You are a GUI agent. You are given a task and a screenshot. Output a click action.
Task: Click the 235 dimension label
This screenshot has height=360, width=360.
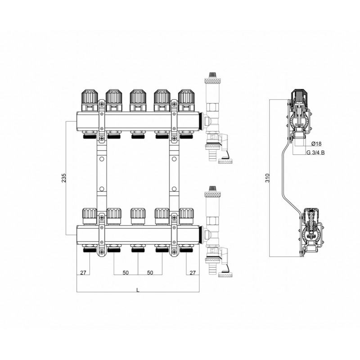[64, 178]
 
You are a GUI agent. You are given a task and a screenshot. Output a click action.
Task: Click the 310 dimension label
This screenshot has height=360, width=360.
[267, 178]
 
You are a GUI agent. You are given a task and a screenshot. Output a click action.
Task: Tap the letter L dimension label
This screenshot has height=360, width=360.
[138, 290]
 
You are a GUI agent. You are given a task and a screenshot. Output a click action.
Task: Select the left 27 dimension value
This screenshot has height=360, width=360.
[83, 273]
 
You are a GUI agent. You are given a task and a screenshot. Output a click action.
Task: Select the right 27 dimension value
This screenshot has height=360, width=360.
[193, 273]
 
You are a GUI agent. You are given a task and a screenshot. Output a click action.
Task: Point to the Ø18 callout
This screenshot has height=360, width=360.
[316, 144]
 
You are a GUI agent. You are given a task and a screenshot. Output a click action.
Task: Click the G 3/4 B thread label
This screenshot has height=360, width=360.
[316, 153]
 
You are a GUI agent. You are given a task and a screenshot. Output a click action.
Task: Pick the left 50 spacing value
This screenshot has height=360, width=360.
[126, 273]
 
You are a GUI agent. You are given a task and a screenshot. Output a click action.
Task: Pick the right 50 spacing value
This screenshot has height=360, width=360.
[150, 273]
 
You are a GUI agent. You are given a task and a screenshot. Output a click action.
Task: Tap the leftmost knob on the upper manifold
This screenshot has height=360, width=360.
[90, 100]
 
